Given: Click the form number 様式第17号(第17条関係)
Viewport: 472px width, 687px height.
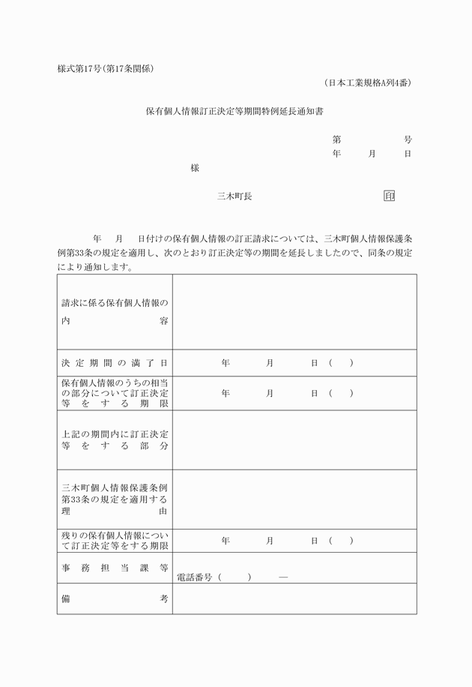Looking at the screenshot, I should pyautogui.click(x=106, y=69).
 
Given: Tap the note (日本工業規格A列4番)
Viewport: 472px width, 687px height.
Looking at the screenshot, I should pyautogui.click(x=368, y=82).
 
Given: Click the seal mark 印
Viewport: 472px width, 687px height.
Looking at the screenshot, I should pyautogui.click(x=389, y=196).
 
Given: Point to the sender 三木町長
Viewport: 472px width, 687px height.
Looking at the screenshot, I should pyautogui.click(x=234, y=196).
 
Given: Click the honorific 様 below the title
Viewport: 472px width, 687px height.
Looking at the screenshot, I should pyautogui.click(x=195, y=168).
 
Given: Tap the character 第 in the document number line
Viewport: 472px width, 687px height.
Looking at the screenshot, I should pyautogui.click(x=337, y=140).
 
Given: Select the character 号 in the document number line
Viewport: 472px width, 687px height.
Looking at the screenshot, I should pyautogui.click(x=408, y=140).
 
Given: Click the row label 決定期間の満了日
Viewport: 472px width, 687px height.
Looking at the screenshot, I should pyautogui.click(x=115, y=363).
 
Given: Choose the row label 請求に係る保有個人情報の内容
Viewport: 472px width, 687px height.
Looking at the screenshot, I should pyautogui.click(x=115, y=312).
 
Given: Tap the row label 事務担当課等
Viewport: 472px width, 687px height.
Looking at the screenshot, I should pyautogui.click(x=115, y=568).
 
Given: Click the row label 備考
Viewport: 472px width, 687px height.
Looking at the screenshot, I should pyautogui.click(x=115, y=598).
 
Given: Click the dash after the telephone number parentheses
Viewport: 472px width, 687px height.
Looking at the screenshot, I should pyautogui.click(x=282, y=577).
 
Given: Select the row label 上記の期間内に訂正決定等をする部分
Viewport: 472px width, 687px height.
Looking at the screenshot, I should pyautogui.click(x=115, y=439).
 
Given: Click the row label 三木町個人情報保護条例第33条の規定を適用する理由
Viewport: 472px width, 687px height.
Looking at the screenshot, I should pyautogui.click(x=115, y=499).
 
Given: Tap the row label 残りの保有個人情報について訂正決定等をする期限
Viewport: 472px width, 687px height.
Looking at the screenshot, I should pyautogui.click(x=115, y=541).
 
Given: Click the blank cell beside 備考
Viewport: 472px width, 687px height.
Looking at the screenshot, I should pyautogui.click(x=294, y=598).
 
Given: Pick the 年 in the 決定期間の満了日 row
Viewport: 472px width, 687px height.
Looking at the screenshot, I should pyautogui.click(x=226, y=363).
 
